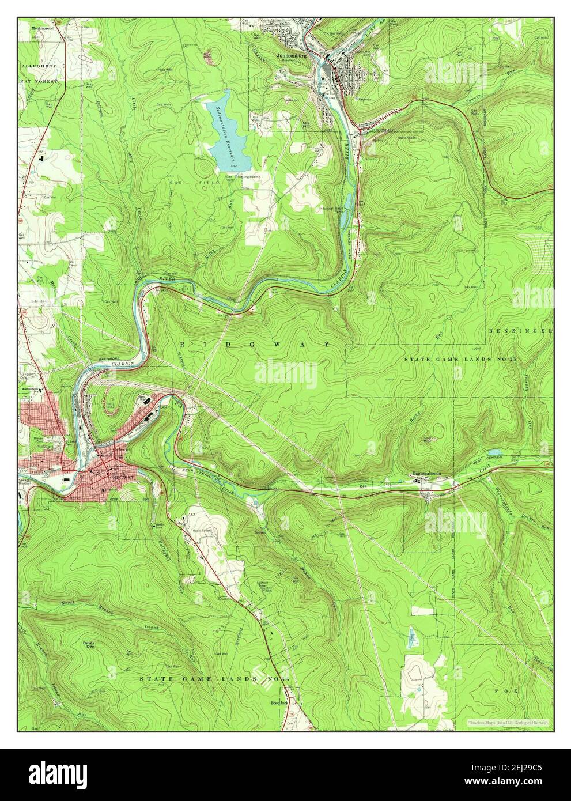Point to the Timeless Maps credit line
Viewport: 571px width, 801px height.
(x=506, y=722)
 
